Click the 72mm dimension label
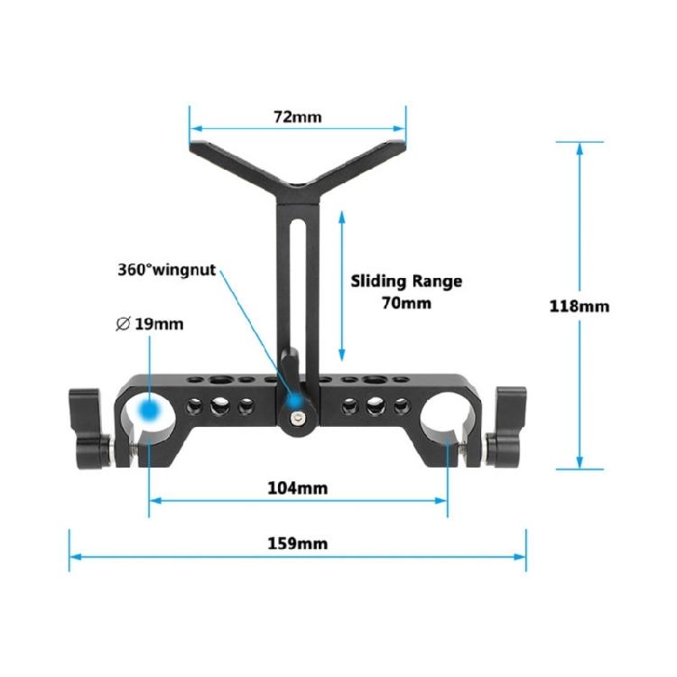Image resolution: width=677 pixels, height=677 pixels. tap(298, 116)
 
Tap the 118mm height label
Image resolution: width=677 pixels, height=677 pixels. tap(579, 306)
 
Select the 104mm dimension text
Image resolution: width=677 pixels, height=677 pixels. tap(298, 488)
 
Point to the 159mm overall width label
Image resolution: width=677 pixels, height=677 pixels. tap(298, 543)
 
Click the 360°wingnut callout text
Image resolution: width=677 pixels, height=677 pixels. tap(166, 269)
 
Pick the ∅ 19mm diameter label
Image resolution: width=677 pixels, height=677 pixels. tap(150, 323)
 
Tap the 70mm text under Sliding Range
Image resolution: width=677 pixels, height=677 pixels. tap(406, 303)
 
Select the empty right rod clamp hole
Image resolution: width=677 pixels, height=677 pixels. tap(446, 413)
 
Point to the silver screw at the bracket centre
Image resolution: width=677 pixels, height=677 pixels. tap(298, 418)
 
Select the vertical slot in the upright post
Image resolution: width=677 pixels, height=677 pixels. tap(297, 271)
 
